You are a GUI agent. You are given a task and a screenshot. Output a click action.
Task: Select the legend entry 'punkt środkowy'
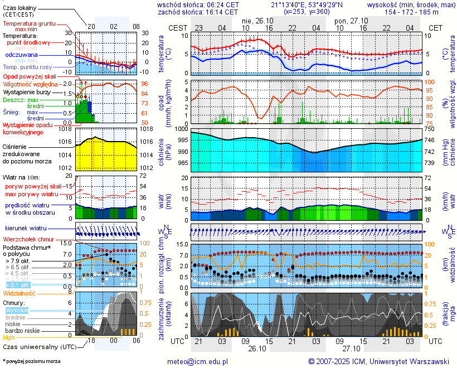pos(29,42)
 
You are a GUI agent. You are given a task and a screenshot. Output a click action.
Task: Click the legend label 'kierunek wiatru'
pos(26,229)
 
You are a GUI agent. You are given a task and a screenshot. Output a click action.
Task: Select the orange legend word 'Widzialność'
pos(20,292)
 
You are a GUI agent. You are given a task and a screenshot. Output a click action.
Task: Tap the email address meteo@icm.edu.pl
pos(198,361)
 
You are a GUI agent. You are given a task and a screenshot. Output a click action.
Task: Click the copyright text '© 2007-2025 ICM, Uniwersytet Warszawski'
pos(379,361)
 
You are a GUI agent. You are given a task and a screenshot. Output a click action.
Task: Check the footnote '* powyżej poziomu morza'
pos(31,361)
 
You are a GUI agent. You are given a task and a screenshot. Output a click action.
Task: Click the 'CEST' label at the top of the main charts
pos(178,27)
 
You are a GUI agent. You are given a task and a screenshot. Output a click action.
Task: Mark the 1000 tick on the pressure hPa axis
pos(180,129)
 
